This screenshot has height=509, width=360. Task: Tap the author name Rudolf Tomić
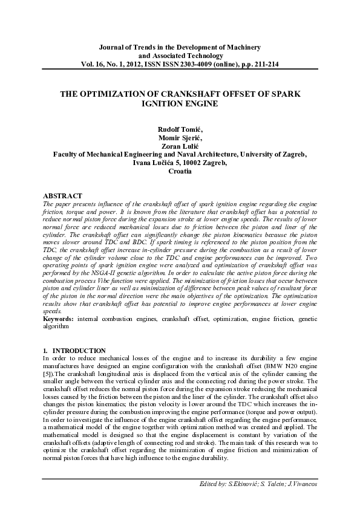[x=180, y=129]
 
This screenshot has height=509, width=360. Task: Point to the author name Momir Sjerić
[x=180, y=138]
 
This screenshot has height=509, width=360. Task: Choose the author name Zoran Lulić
[x=180, y=146]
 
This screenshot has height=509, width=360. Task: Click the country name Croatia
[x=180, y=172]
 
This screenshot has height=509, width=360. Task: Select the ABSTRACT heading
[x=63, y=196]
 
